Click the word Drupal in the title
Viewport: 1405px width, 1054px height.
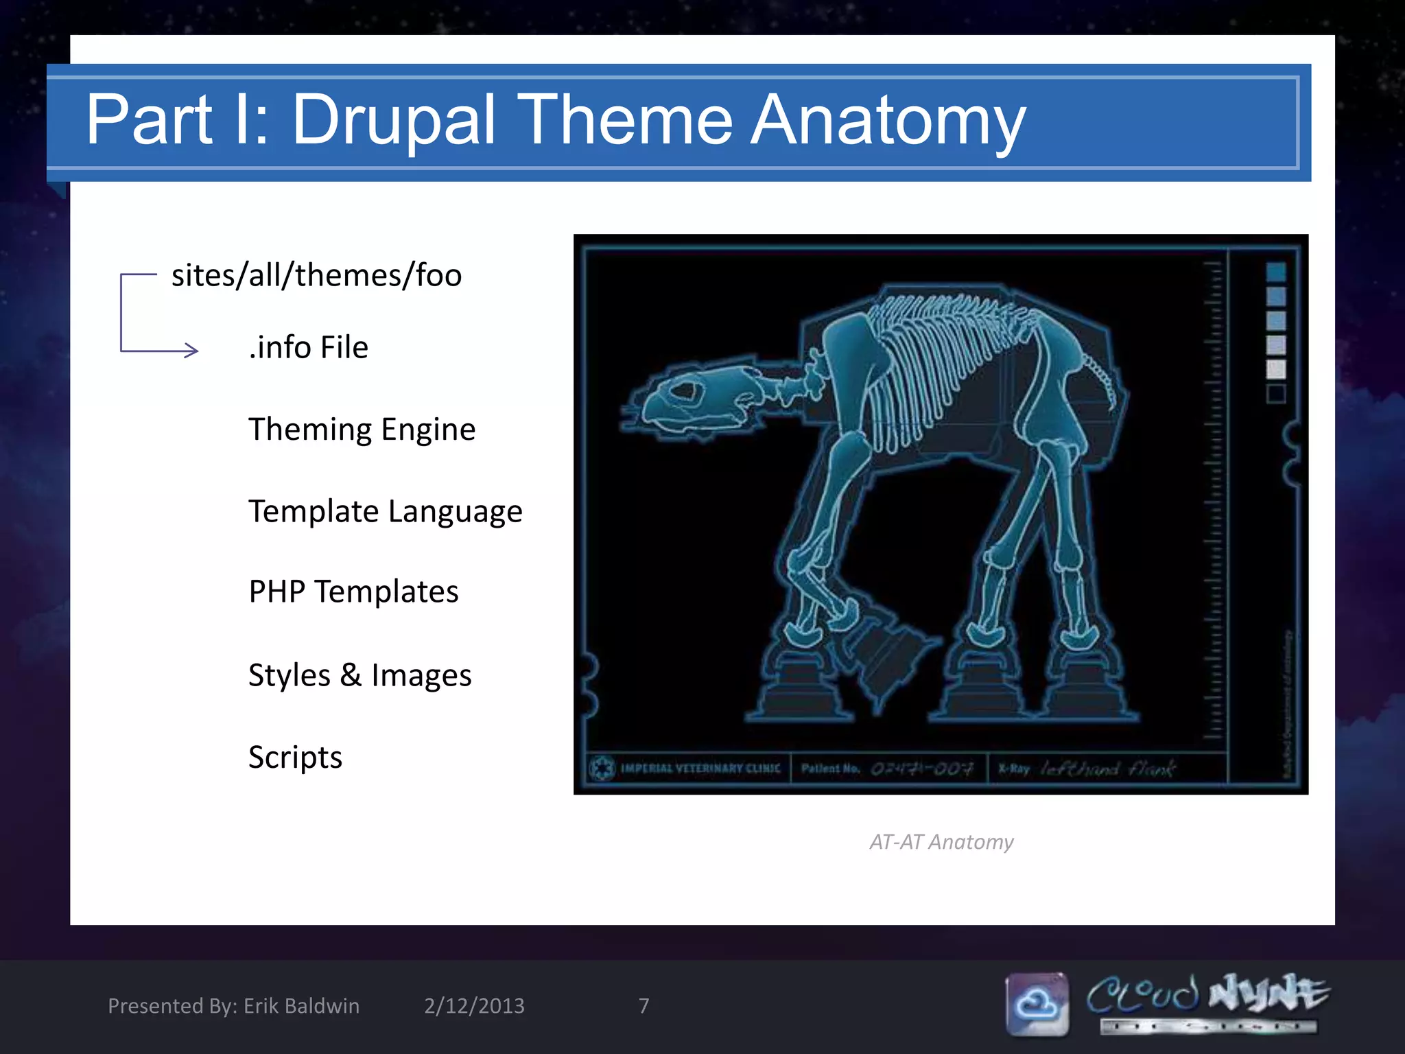click(393, 121)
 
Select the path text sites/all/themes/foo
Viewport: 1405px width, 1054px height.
click(316, 276)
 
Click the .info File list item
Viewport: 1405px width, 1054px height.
click(308, 348)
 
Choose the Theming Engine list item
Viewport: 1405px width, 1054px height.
click(362, 430)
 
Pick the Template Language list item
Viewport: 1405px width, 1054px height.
click(385, 512)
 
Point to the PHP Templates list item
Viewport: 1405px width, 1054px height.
click(353, 592)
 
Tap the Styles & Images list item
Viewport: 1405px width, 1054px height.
click(359, 676)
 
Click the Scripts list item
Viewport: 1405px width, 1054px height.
click(295, 758)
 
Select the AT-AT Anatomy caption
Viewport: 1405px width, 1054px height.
click(941, 842)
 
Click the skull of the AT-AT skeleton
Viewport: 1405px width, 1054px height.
click(693, 398)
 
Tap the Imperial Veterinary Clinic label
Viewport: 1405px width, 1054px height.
click(700, 769)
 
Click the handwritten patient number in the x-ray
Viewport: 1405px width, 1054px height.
click(921, 769)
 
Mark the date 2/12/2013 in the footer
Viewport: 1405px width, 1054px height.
click(474, 1006)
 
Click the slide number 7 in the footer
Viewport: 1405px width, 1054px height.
click(644, 1006)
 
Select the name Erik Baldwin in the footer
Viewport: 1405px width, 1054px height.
click(301, 1006)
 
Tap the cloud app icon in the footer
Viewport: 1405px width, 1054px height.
click(1037, 1004)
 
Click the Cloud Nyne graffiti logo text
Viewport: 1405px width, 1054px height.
click(1207, 995)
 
